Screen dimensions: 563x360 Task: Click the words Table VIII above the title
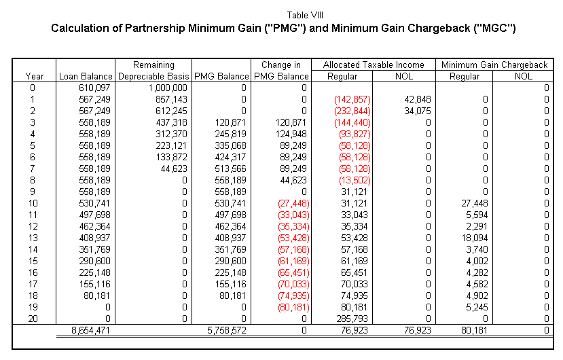point(305,15)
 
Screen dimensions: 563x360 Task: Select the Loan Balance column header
point(86,76)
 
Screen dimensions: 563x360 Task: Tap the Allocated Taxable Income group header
point(374,65)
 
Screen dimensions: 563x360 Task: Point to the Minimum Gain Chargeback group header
point(494,65)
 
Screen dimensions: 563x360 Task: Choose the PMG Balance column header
point(221,76)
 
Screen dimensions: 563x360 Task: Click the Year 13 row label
point(33,238)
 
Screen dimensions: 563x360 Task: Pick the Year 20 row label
point(33,319)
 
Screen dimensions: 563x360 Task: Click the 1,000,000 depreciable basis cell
point(168,88)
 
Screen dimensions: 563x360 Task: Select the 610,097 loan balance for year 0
point(94,88)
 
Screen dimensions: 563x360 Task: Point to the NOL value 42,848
point(417,100)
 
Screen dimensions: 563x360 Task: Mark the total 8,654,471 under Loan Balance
point(91,330)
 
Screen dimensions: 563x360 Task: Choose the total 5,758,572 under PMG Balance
point(227,330)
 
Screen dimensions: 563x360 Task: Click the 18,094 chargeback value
point(475,238)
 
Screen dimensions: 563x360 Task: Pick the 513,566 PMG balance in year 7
point(230,168)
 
